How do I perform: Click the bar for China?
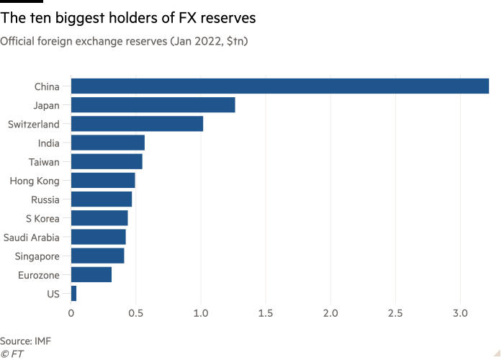coord(280,86)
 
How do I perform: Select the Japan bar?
coord(153,105)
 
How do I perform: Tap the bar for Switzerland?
coord(138,124)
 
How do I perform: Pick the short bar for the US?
coord(74,293)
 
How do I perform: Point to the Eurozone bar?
coord(92,274)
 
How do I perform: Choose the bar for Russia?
coord(102,199)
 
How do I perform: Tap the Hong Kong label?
coord(35,181)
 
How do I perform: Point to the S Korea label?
coord(42,218)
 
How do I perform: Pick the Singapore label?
coord(37,256)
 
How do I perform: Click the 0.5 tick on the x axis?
coord(136,314)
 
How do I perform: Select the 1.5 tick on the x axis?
coord(266,314)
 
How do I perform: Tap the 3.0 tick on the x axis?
coord(460,314)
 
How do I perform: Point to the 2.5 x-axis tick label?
coord(395,314)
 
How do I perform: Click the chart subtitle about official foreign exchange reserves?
coord(124,42)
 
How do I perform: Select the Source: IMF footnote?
coord(26,341)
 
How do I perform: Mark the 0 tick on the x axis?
coord(71,314)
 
